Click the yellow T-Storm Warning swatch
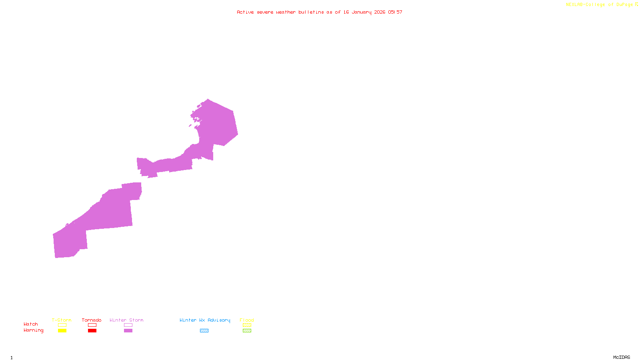pos(62,331)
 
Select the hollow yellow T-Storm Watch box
pos(62,325)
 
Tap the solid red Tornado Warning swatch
pos(92,331)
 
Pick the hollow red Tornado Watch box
pos(92,325)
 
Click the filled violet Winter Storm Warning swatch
pos(128,331)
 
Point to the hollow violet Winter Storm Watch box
pos(128,325)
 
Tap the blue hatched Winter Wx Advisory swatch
pos(204,331)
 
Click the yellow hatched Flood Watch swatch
pos(247,325)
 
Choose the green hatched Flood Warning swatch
pos(247,331)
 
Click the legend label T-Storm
pos(62,320)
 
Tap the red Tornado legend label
pos(92,320)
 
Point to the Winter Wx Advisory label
pos(205,320)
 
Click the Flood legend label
pos(247,320)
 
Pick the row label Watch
pos(31,324)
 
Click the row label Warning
pos(34,330)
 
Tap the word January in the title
pos(362,12)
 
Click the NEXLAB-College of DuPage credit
pos(600,5)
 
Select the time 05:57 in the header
pos(395,12)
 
